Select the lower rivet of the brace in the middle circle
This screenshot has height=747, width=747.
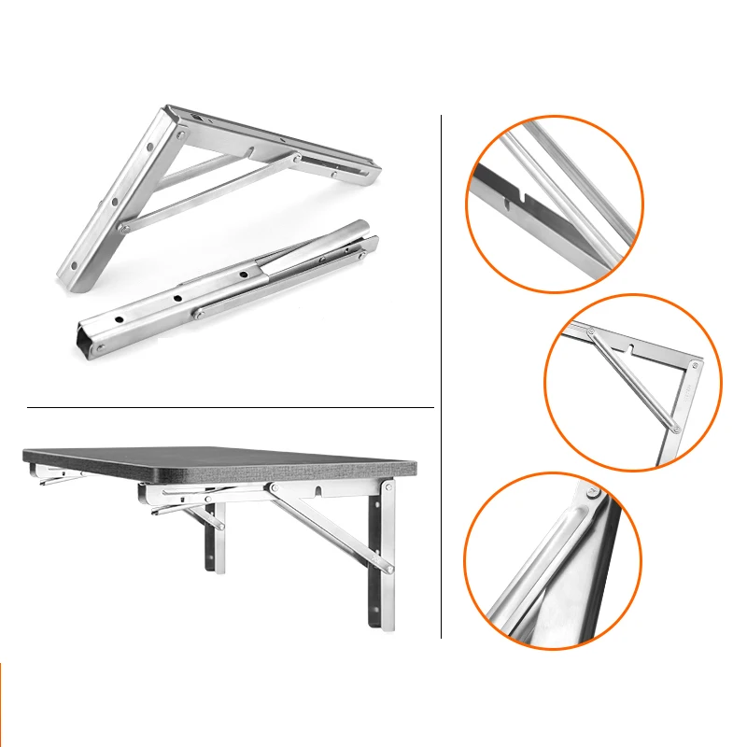[673, 427]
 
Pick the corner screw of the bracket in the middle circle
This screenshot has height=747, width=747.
[696, 365]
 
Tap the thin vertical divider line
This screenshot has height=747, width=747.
[441, 373]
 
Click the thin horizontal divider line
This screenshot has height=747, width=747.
[230, 407]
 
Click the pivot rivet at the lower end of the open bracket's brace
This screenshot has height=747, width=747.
[123, 227]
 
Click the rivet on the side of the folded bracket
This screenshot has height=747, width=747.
[199, 311]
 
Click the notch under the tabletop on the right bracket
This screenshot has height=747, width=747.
[319, 488]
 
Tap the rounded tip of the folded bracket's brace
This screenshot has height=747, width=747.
[358, 230]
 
